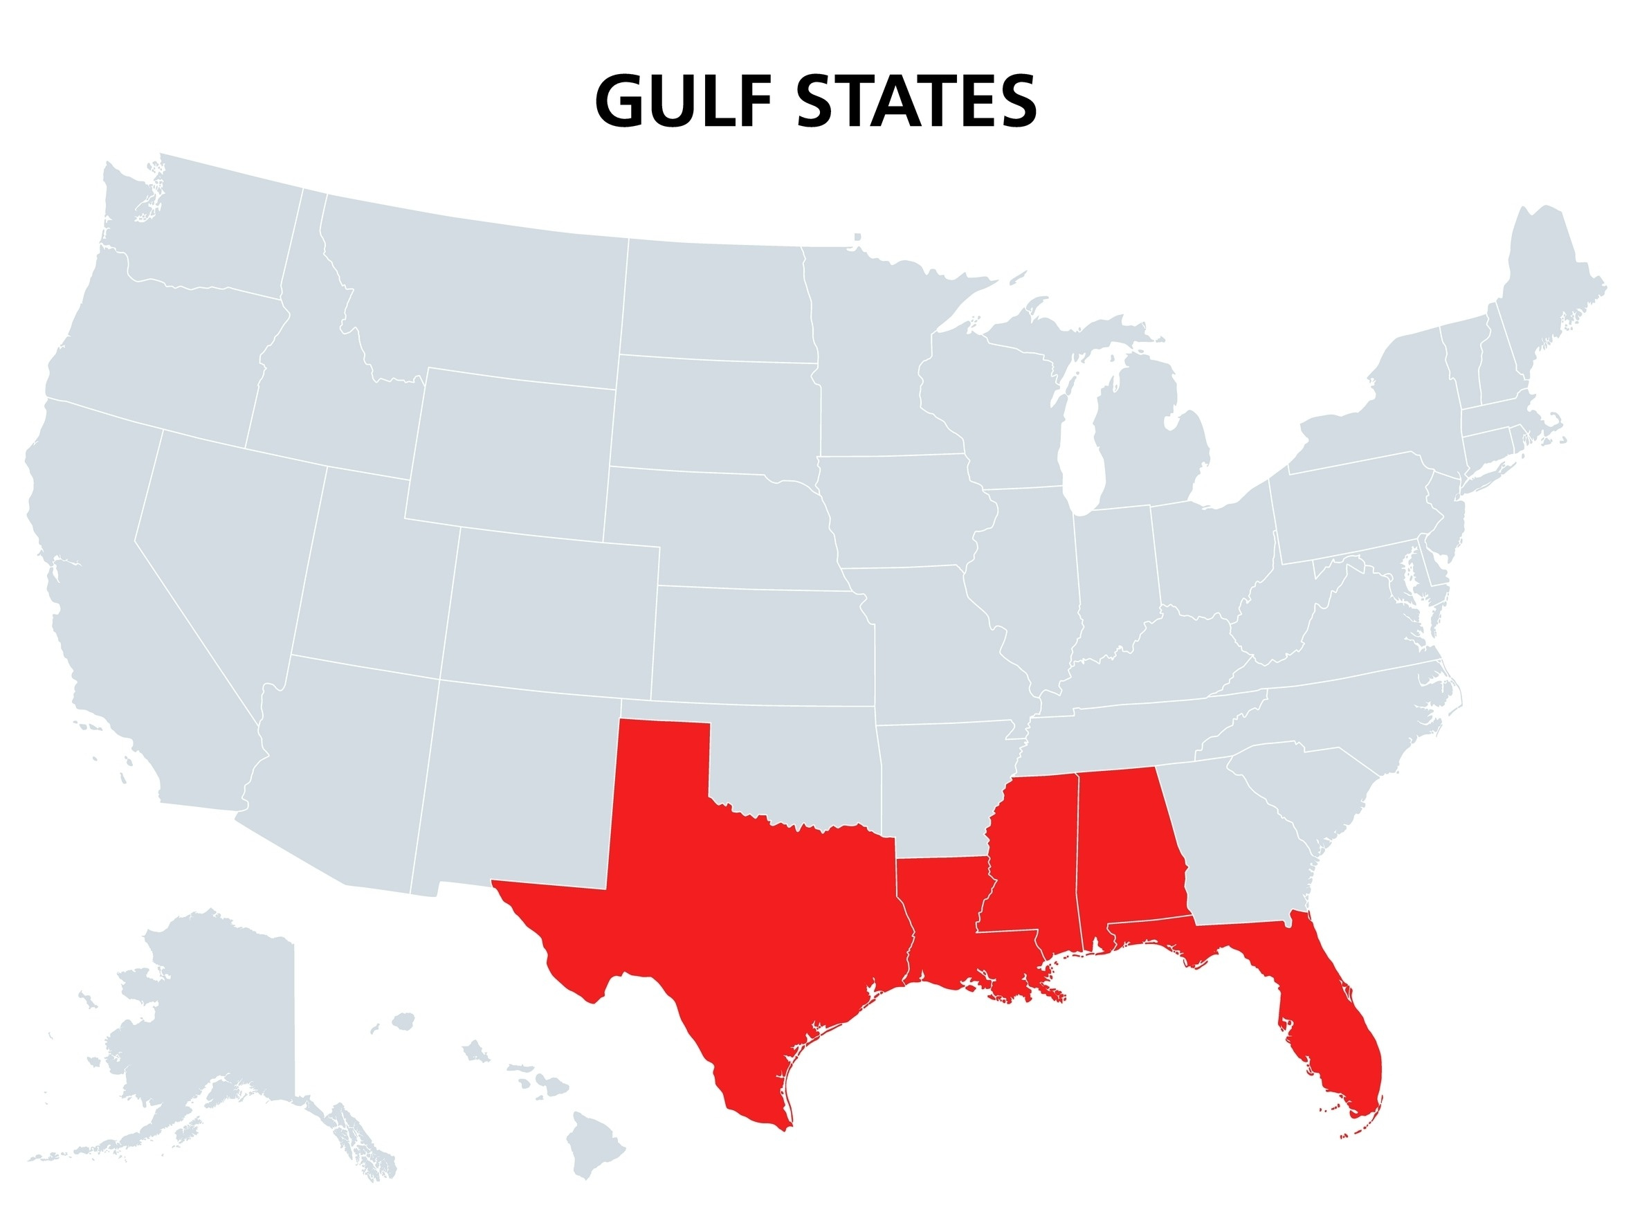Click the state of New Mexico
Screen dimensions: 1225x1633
coord(517,783)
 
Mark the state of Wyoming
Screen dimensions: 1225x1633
coord(509,451)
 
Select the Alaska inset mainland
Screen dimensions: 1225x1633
coord(199,1019)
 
